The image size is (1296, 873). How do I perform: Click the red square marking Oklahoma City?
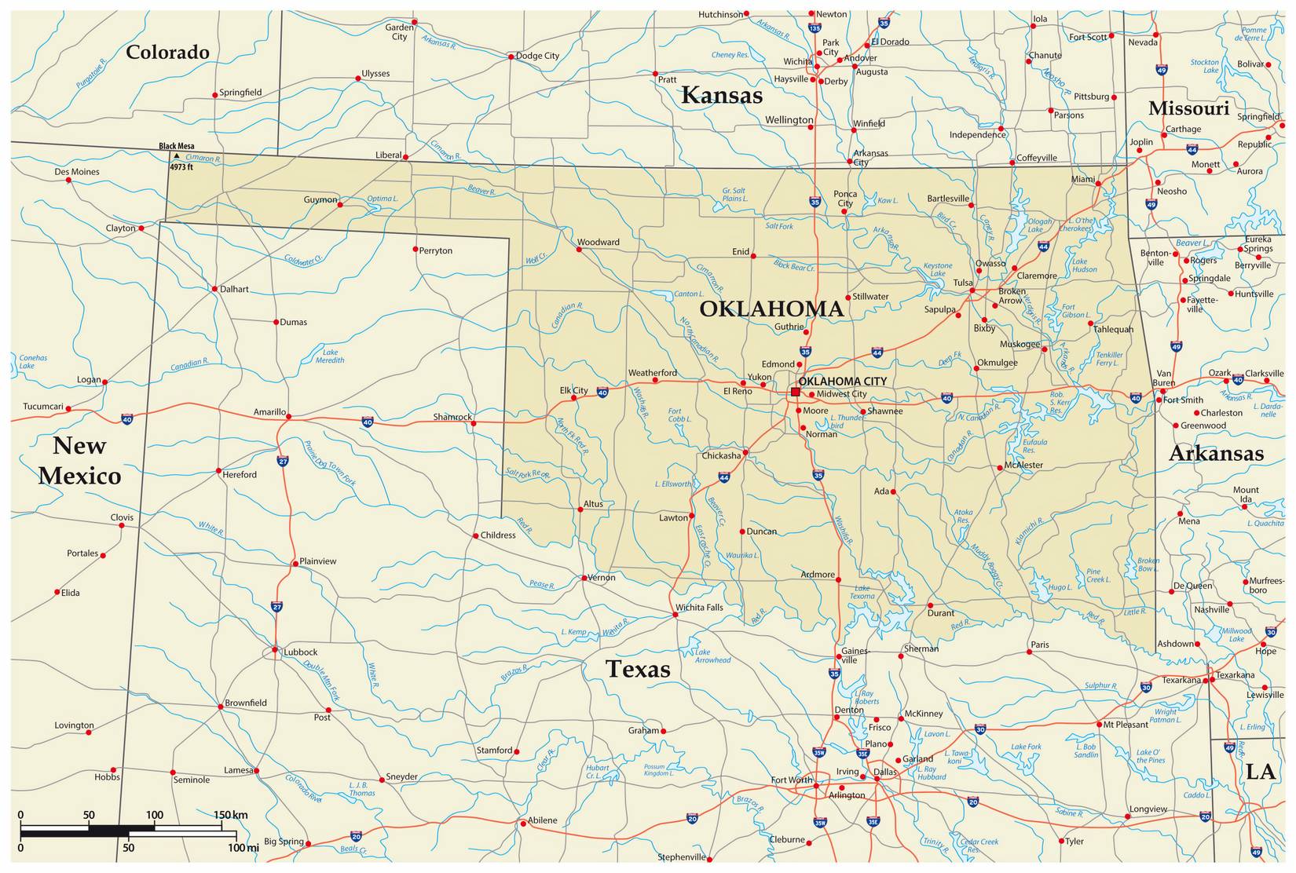click(x=795, y=392)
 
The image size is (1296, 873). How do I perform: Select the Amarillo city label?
click(x=269, y=412)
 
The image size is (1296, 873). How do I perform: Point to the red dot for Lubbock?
click(x=274, y=649)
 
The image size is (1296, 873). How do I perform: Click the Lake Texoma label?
click(x=862, y=592)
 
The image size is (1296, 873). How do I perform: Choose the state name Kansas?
click(x=721, y=95)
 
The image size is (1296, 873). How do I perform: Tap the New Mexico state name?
click(x=79, y=461)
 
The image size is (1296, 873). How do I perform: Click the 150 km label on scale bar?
click(x=230, y=815)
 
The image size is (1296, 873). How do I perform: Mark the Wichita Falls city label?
click(x=699, y=607)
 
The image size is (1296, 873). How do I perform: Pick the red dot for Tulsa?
click(x=972, y=290)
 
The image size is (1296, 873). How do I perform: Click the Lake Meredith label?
click(x=330, y=356)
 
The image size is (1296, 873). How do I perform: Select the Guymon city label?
click(x=320, y=199)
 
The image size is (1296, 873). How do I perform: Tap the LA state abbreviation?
click(x=1260, y=772)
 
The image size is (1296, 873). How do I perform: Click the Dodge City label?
click(x=537, y=56)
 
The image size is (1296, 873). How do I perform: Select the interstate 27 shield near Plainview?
click(x=276, y=607)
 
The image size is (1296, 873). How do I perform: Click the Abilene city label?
click(x=542, y=820)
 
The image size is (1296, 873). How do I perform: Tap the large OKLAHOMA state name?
click(x=771, y=309)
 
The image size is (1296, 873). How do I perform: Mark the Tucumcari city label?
click(x=42, y=407)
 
